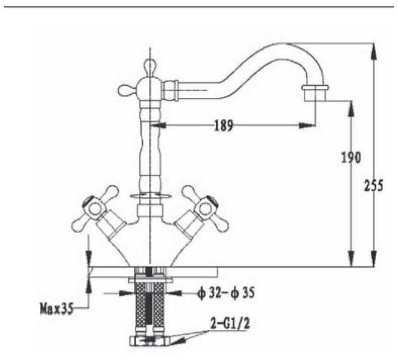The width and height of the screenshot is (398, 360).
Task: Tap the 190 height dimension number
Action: (350, 157)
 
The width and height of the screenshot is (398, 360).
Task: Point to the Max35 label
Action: (56, 309)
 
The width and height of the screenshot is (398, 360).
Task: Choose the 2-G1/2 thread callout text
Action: (230, 324)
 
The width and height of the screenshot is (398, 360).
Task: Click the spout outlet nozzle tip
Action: (315, 93)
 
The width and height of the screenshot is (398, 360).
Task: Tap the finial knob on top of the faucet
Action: (150, 65)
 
